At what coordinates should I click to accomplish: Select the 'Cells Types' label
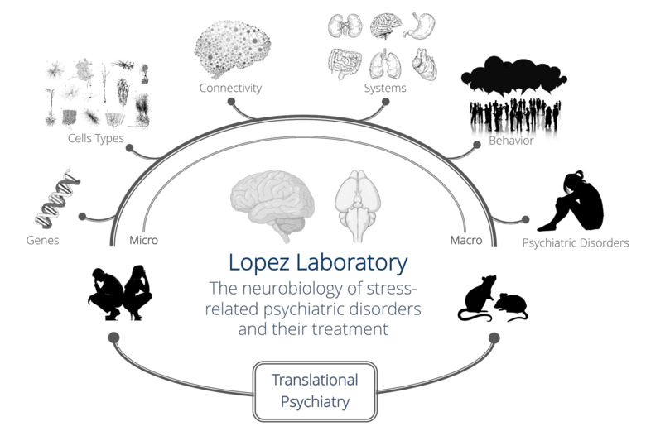click(96, 138)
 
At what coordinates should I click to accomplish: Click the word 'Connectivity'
click(230, 88)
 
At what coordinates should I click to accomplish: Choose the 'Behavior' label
click(511, 141)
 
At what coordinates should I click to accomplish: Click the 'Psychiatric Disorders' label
click(575, 243)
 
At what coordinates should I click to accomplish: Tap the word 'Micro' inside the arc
click(143, 240)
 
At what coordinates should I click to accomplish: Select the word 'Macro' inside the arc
click(466, 240)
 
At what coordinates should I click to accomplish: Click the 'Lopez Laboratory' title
click(318, 263)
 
